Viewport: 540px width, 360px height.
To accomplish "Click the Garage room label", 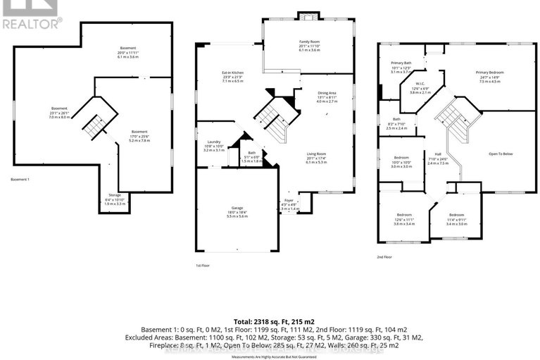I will [237, 209].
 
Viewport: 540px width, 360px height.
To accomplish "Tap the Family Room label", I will [309, 42].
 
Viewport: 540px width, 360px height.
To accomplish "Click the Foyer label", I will [289, 200].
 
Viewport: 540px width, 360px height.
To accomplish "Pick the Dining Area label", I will [327, 93].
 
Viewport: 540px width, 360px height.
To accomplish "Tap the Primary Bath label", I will [401, 63].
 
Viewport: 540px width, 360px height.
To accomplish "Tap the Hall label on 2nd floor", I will [437, 154].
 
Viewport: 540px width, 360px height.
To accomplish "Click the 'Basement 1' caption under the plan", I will [20, 180].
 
